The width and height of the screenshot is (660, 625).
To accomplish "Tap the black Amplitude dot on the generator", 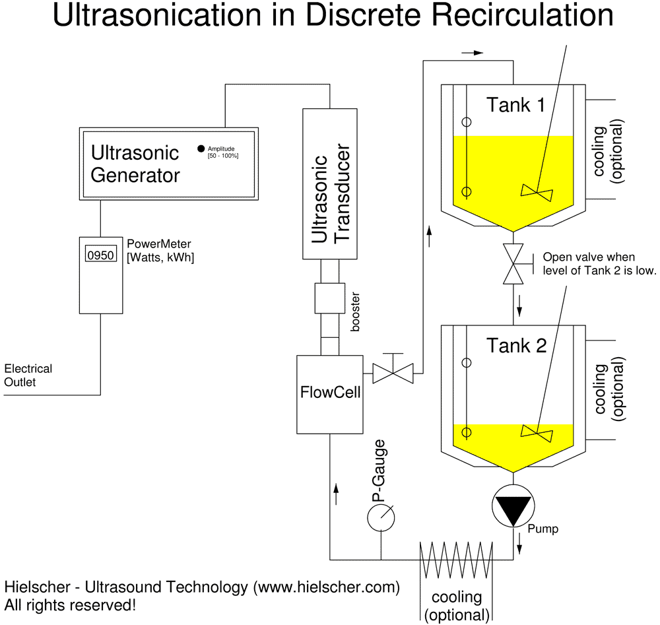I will (201, 148).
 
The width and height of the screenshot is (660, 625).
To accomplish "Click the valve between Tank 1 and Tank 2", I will (513, 264).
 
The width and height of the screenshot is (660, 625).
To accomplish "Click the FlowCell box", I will (330, 394).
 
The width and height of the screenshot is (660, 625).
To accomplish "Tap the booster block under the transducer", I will (329, 298).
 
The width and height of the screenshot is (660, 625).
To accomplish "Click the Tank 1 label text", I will (515, 104).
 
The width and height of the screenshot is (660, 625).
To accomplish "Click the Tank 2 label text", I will (517, 345).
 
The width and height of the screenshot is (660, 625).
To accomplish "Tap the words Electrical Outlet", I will (28, 375).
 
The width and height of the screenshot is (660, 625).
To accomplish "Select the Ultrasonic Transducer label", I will (329, 198).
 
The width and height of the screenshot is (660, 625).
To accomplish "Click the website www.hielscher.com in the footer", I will (327, 587).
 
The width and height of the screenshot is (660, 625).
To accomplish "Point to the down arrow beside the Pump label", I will (519, 541).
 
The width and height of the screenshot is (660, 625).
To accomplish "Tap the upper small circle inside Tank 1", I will (467, 122).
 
